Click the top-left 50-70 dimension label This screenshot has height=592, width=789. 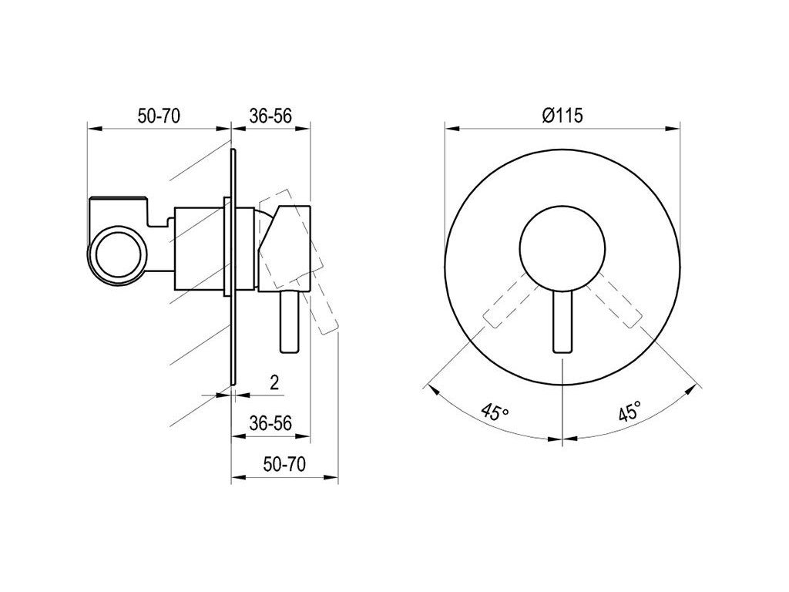[x=159, y=116]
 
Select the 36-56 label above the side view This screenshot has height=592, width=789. [x=270, y=116]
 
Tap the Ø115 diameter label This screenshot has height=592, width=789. [x=562, y=116]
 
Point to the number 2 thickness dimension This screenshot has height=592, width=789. [x=274, y=382]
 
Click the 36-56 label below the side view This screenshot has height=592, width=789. [x=270, y=423]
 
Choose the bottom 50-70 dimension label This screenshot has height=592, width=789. [x=284, y=464]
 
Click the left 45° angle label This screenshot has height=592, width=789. [x=495, y=412]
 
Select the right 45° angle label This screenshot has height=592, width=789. [x=630, y=411]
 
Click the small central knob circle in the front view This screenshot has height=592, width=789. [x=562, y=249]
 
